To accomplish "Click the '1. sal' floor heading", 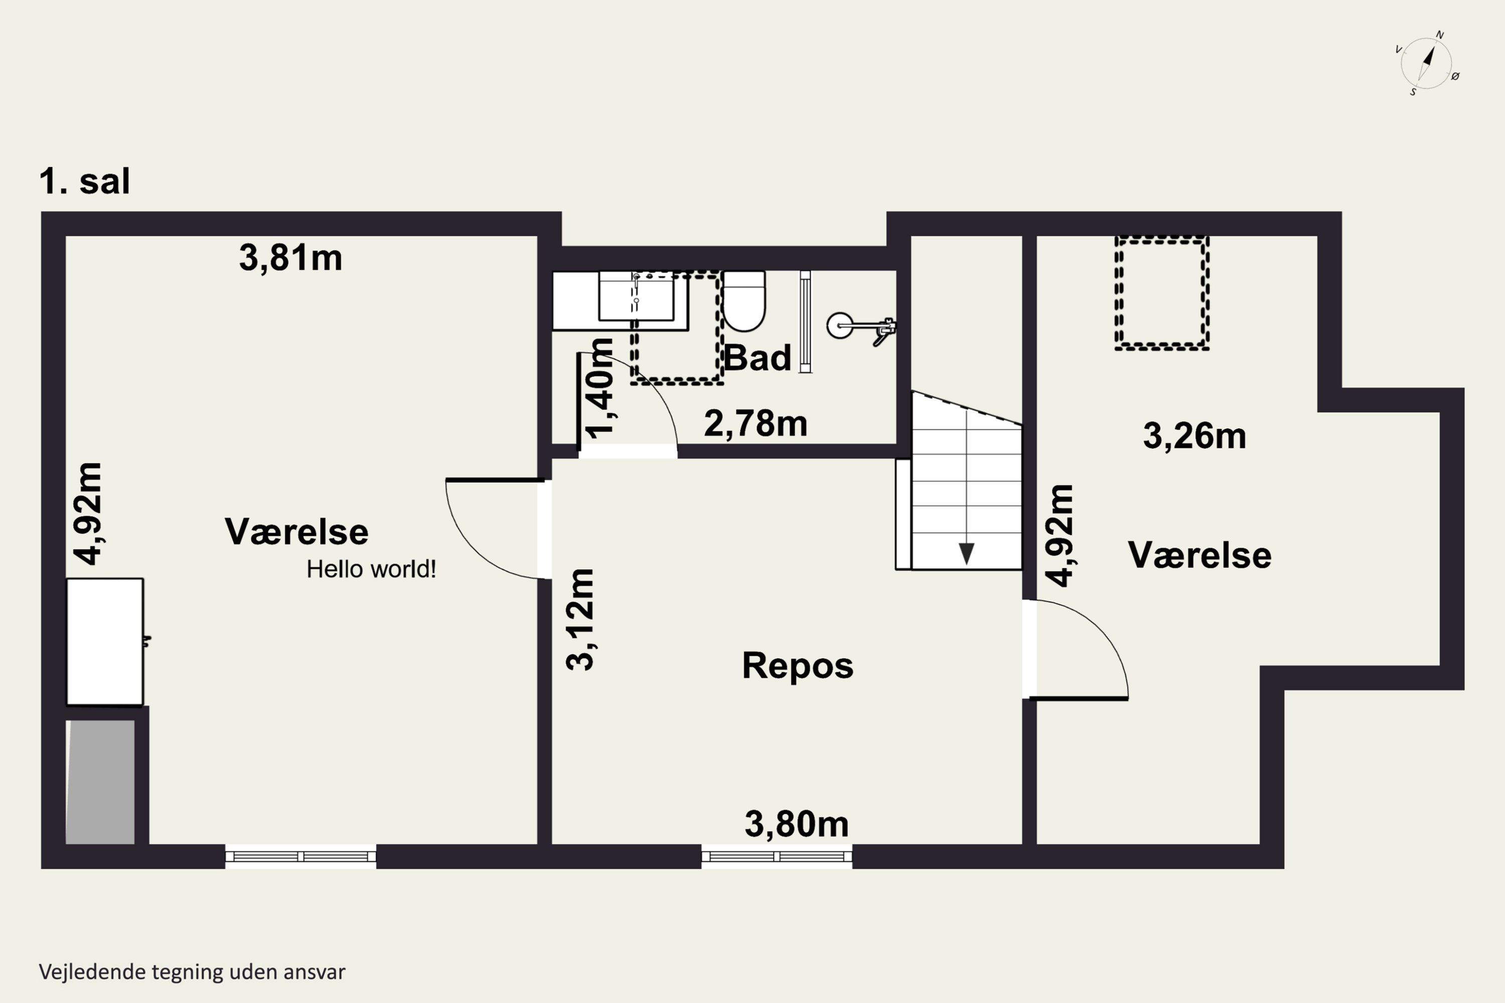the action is point(84,181).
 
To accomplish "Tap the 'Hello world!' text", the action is point(371,569).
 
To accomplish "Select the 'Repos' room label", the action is point(797,666).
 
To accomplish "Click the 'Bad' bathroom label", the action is point(757,357).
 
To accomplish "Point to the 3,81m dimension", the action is point(290,258).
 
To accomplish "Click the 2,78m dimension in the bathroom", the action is point(755,423).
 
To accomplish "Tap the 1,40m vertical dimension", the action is point(599,388).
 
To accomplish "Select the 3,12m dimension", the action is point(580,619).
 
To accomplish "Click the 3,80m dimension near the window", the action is point(796,824).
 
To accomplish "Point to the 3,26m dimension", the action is point(1194,436).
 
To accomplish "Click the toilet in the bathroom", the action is point(743,300).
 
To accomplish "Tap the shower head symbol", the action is point(861,327).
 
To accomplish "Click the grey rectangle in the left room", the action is point(100,782).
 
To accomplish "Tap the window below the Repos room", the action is point(777,857).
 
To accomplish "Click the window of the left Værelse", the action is point(300,857).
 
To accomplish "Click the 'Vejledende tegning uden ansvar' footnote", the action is point(192,972).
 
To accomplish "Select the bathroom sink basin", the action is point(636,295).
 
